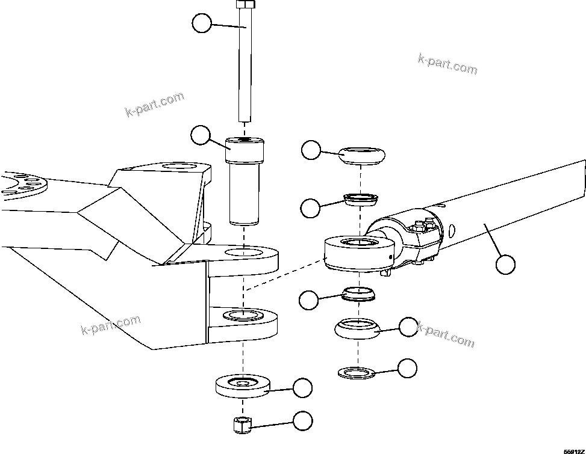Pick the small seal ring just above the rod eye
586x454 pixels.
[x=360, y=198]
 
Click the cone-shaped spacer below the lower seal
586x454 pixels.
[x=357, y=328]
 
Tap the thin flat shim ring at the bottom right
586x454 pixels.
[x=357, y=372]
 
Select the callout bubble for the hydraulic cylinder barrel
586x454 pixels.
[x=506, y=263]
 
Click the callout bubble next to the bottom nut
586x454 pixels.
[x=302, y=420]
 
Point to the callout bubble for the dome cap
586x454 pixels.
[x=311, y=150]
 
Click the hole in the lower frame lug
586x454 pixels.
[x=243, y=315]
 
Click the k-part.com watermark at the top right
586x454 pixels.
[x=447, y=64]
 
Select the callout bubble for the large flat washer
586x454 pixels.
[x=302, y=388]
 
